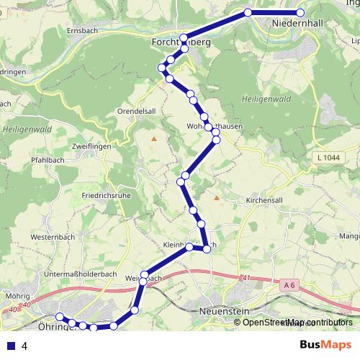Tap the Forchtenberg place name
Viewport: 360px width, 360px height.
pos(181,43)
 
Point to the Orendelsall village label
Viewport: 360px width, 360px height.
pos(137,112)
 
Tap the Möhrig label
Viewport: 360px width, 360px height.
pos(17,295)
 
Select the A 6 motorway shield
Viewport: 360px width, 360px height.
pos(290,286)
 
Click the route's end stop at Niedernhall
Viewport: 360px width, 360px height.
pos(301,13)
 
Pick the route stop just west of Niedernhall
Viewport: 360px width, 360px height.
pos(248,13)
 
